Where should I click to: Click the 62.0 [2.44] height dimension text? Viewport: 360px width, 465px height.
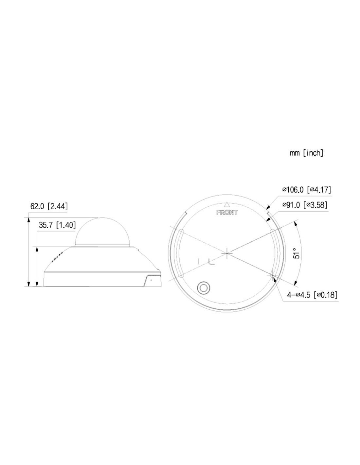(49, 206)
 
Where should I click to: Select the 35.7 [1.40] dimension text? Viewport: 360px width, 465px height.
(57, 225)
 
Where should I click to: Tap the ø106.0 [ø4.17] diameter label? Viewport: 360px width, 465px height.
(306, 190)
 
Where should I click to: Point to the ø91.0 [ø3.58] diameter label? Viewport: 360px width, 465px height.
(305, 205)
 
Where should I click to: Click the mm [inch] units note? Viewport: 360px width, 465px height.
(306, 153)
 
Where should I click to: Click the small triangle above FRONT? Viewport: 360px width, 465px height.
(227, 204)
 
